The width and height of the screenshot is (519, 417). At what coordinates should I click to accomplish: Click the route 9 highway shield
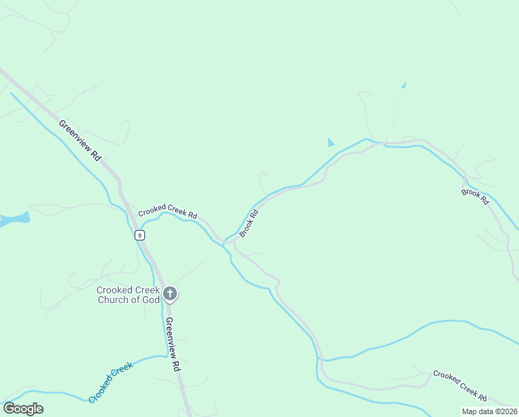tap(140, 236)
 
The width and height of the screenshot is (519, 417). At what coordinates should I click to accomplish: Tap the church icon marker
tap(170, 294)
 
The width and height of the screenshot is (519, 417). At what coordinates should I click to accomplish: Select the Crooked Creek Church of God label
tap(128, 295)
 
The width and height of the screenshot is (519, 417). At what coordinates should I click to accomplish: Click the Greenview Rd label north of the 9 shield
tap(80, 140)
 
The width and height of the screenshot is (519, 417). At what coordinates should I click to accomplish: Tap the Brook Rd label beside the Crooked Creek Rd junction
tap(249, 223)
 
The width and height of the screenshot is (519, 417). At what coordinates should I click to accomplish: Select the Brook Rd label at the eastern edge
tap(475, 196)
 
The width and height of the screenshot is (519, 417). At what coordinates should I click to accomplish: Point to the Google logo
tap(23, 409)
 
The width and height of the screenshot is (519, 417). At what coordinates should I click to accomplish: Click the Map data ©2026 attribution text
tap(488, 411)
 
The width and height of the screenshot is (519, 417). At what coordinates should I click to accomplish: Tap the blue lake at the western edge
tap(15, 220)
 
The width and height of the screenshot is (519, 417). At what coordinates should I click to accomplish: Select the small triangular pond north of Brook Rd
tap(330, 142)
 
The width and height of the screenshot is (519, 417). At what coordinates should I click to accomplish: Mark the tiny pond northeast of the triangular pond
tap(403, 85)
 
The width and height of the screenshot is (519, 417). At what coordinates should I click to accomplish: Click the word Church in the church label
tap(112, 300)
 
